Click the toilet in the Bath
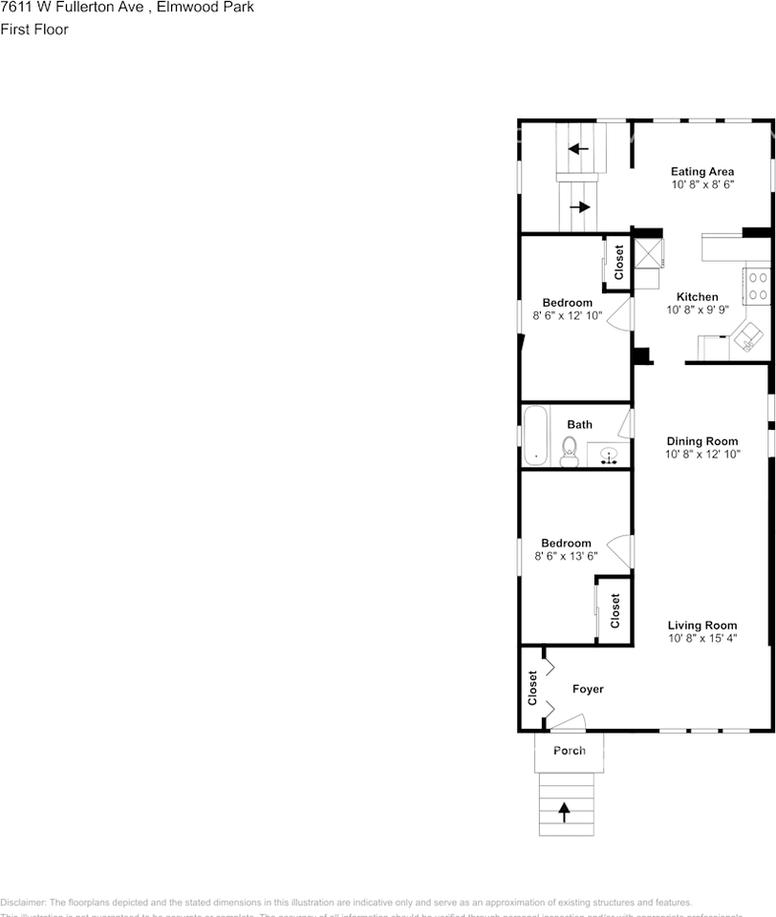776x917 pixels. coord(570,450)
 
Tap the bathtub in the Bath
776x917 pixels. coord(535,436)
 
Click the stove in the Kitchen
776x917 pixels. coord(757,287)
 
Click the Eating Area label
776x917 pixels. coord(701,172)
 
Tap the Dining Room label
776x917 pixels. coord(701,441)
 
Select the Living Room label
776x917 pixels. coord(701,626)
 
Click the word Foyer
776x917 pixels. coord(588,689)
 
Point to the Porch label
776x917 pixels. coord(570,751)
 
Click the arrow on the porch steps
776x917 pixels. coord(564,812)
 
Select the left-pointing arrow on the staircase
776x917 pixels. coord(578,148)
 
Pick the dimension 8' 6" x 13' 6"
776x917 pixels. coord(567,556)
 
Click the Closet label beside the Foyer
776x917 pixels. coord(532,688)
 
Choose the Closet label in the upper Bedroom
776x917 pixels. coord(618,263)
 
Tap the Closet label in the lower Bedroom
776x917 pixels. coord(614,611)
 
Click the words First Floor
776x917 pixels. coord(34,29)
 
